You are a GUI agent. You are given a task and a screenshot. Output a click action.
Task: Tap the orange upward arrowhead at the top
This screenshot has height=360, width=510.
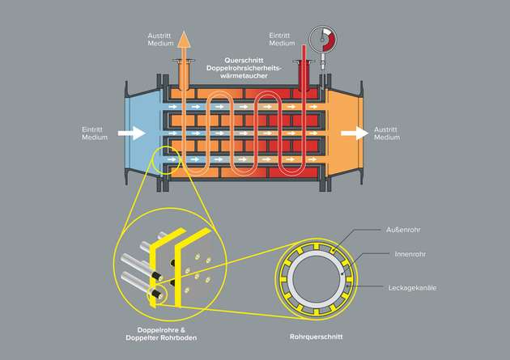click(x=184, y=39)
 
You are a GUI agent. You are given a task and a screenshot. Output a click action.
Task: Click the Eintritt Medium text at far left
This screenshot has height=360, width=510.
click(x=94, y=133)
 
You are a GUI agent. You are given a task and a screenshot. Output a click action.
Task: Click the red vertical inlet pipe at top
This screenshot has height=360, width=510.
click(x=303, y=65)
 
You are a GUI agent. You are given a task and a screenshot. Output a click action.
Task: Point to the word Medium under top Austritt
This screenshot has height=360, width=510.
click(x=159, y=44)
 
